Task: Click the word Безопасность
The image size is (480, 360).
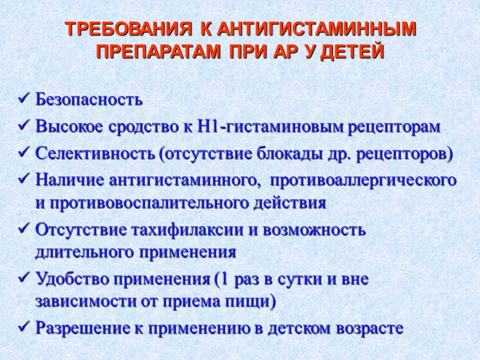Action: point(89,99)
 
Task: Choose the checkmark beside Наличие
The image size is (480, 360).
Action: point(25,179)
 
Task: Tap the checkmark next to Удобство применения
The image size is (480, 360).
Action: point(25,278)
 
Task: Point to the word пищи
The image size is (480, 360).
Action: point(254,303)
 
